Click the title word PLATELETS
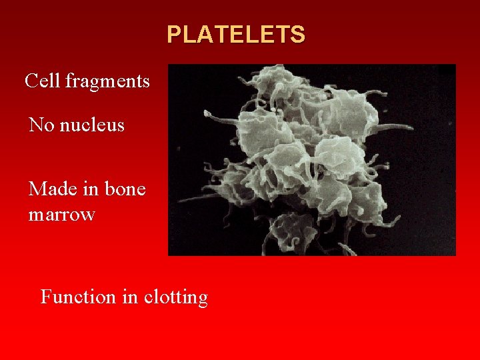[x=236, y=34]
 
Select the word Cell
[x=43, y=81]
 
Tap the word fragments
[x=107, y=81]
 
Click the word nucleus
[x=92, y=125]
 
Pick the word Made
[x=52, y=189]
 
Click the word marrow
[x=62, y=215]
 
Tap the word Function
[x=78, y=296]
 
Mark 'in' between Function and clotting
[x=129, y=296]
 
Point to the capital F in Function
[x=46, y=296]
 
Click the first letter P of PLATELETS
[x=173, y=34]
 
